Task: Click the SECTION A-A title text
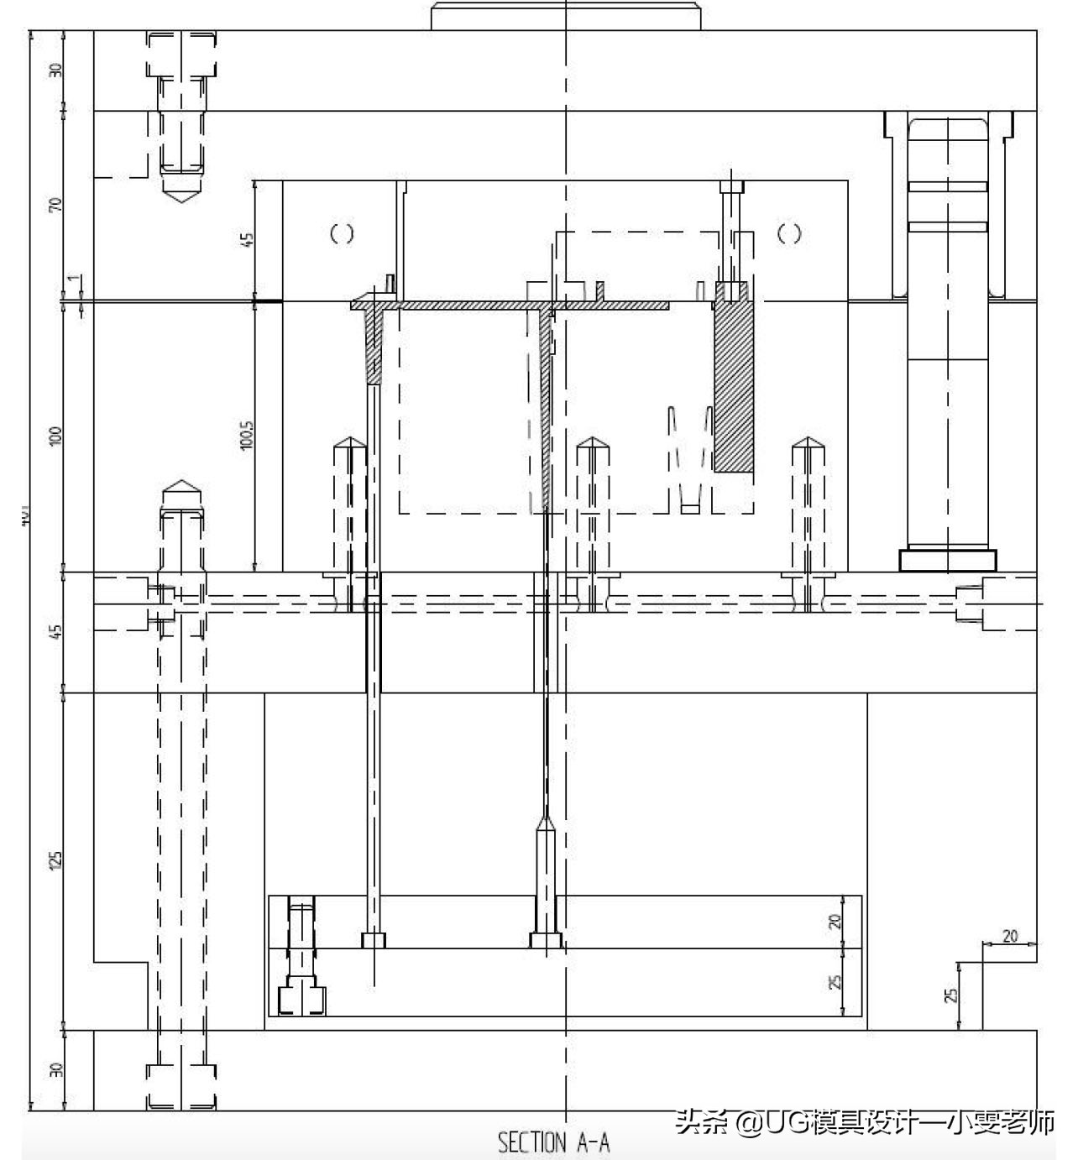pos(553,1142)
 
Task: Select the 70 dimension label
pos(55,205)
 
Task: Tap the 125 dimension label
pos(55,860)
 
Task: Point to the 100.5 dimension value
pos(247,435)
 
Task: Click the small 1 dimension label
pos(74,279)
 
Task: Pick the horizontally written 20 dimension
pos(1010,936)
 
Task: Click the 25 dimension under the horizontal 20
pos(951,995)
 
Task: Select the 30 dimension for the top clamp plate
pos(55,71)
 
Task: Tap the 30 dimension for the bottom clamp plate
pos(55,1071)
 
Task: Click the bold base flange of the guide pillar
pos(948,560)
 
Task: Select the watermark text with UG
pos(865,1122)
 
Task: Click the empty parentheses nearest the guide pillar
pos(788,233)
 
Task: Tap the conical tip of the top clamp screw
pos(182,193)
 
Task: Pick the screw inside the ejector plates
pos(301,957)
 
